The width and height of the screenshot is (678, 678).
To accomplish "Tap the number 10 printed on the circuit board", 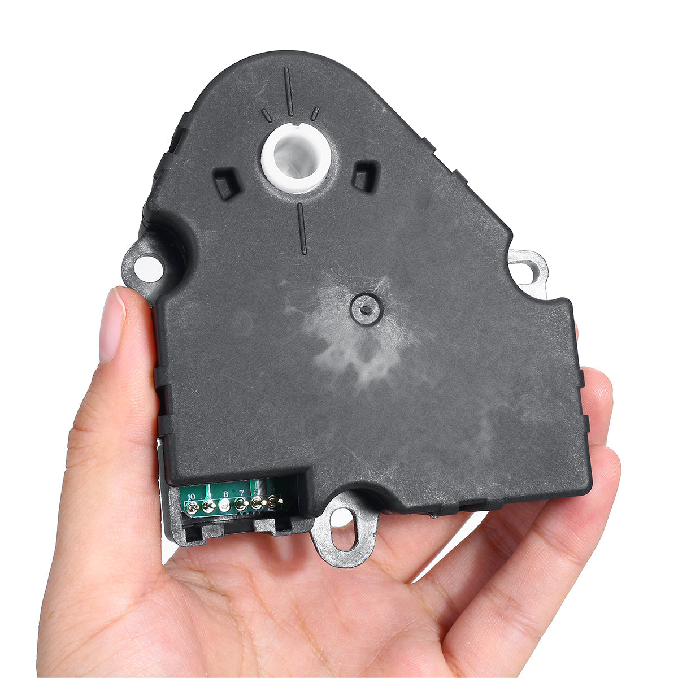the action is (x=192, y=497).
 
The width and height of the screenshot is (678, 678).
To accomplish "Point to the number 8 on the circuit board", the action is (x=225, y=494).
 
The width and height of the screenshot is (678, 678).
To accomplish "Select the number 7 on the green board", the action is (x=241, y=492).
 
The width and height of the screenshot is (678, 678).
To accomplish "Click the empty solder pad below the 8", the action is (x=223, y=506).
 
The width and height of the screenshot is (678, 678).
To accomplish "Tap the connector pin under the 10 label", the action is (x=193, y=507).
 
